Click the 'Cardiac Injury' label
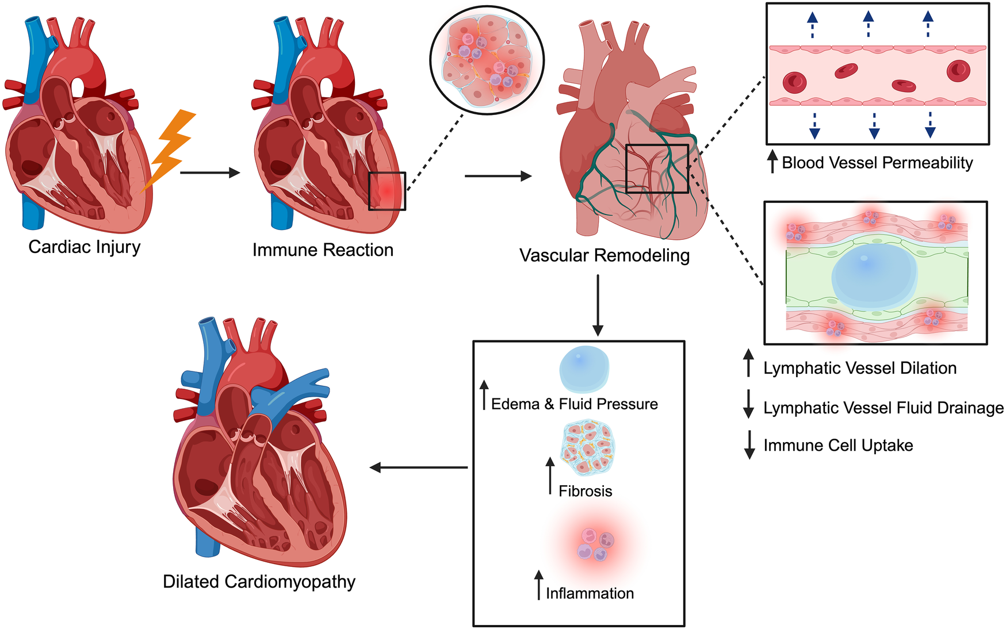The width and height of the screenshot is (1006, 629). tap(85, 247)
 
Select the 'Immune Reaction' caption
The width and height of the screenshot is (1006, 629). tap(323, 250)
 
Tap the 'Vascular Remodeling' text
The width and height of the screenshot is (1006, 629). tap(604, 255)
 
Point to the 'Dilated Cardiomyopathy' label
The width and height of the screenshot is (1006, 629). tap(259, 581)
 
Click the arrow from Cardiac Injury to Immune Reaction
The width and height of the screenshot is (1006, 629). tap(210, 172)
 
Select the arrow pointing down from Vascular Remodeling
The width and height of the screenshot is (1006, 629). tap(598, 305)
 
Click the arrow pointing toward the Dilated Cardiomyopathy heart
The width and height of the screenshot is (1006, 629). tap(418, 467)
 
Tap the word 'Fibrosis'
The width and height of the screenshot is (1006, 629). tap(585, 491)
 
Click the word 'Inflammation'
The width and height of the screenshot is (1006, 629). tap(590, 593)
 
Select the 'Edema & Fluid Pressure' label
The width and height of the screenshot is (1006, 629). tap(574, 404)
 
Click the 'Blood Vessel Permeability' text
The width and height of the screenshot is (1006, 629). tap(877, 163)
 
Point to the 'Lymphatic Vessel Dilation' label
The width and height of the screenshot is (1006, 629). tap(860, 368)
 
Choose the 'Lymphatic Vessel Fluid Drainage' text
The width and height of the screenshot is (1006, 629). tap(883, 408)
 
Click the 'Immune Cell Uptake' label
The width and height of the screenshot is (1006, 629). tap(838, 446)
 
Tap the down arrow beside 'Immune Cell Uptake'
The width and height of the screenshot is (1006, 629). tap(749, 444)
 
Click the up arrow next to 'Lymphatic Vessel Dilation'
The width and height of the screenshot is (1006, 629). tap(748, 363)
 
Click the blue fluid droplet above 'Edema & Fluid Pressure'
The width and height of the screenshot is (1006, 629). tap(584, 369)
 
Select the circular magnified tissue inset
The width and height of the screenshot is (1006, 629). tap(487, 60)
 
